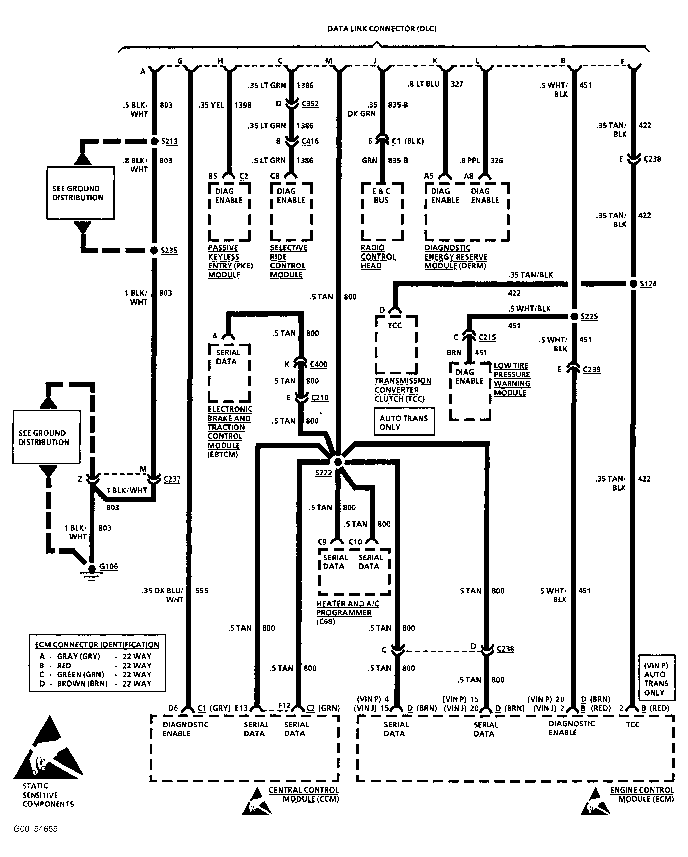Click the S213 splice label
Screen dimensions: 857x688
point(169,141)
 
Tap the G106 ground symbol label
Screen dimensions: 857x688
point(109,566)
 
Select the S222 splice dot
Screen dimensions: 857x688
point(338,462)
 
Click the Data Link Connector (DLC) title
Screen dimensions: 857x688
point(382,29)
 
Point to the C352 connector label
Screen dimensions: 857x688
point(310,104)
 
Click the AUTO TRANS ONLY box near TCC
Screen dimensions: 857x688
point(404,422)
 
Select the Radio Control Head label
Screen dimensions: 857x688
point(378,257)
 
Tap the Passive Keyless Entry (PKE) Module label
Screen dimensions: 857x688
point(230,261)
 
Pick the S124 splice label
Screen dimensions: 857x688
point(648,284)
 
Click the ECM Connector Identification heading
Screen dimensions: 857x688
point(97,645)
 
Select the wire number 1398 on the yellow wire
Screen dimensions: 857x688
point(243,105)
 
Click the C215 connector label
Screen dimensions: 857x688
point(487,338)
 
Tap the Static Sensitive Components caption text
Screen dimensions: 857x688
point(48,795)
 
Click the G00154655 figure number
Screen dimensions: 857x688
point(35,829)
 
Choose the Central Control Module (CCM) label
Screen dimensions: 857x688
point(304,795)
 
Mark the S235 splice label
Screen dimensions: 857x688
point(169,250)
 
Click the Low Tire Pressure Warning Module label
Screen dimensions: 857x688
point(512,379)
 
